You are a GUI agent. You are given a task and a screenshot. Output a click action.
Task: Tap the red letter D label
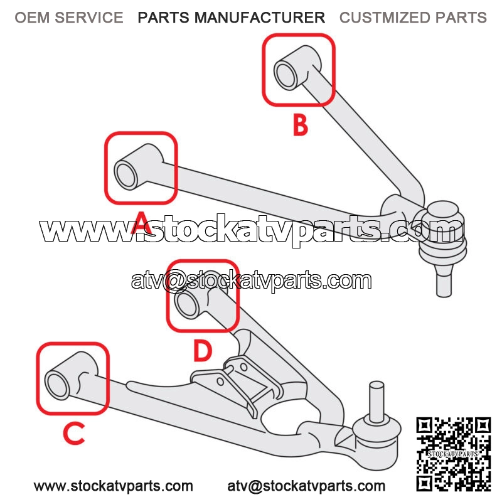pyautogui.click(x=202, y=351)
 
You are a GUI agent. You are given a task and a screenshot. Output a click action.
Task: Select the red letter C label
pyautogui.click(x=74, y=433)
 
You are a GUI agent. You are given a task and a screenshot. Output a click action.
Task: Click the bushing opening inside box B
pyautogui.click(x=286, y=76)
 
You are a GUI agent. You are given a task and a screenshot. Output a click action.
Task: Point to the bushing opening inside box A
pyautogui.click(x=126, y=175)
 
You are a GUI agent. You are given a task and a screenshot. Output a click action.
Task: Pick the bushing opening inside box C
pyautogui.click(x=58, y=385)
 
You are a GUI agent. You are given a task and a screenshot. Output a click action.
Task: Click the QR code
pyautogui.click(x=453, y=454)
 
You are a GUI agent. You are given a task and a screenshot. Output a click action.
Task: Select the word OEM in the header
pyautogui.click(x=31, y=18)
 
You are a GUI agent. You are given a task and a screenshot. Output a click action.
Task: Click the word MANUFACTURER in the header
pyautogui.click(x=260, y=18)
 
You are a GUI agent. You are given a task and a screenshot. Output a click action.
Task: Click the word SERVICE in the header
pyautogui.click(x=89, y=18)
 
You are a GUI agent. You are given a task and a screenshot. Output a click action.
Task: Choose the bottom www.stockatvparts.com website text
pyautogui.click(x=114, y=486)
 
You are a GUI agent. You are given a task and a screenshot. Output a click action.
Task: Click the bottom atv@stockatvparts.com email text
pyautogui.click(x=306, y=486)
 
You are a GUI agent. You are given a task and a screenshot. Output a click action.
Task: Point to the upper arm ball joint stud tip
pyautogui.click(x=444, y=294)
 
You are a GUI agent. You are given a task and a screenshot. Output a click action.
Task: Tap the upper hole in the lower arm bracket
pyautogui.click(x=243, y=366)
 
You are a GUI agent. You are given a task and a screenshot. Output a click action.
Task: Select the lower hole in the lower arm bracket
pyautogui.click(x=220, y=382)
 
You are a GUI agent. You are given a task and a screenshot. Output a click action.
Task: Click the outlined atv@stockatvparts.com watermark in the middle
pyautogui.click(x=252, y=280)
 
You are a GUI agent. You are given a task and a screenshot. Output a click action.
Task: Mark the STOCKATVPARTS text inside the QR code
pyautogui.click(x=453, y=454)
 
